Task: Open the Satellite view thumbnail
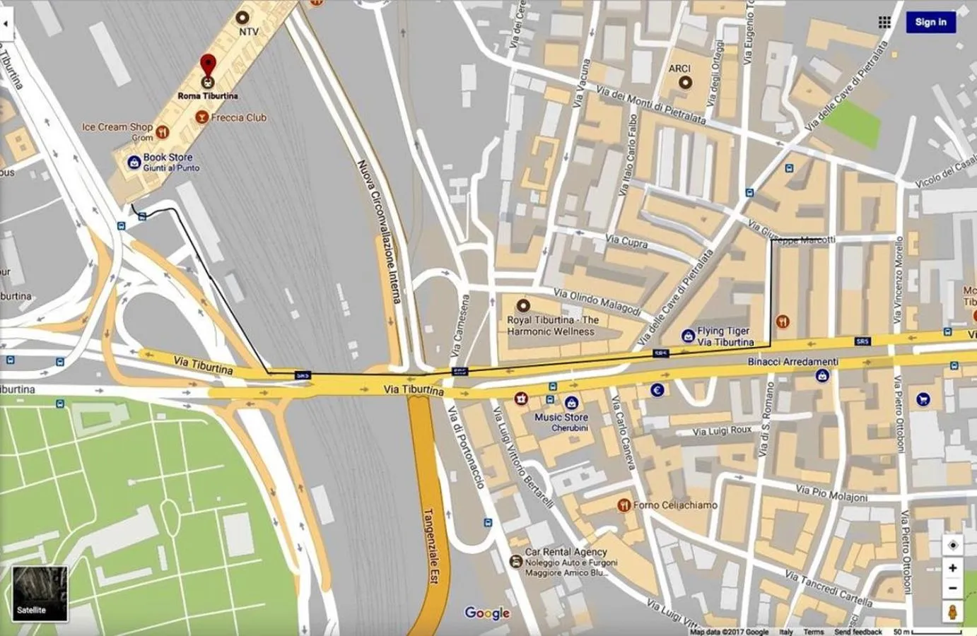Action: coord(40,593)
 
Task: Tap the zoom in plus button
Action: coord(952,568)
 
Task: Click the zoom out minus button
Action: coord(952,588)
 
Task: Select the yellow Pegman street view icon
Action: coord(952,611)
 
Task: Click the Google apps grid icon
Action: coord(884,22)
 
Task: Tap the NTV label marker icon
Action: coord(242,16)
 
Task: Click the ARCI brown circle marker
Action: coord(684,83)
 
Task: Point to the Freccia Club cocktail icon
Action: coord(201,117)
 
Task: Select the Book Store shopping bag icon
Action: coord(134,163)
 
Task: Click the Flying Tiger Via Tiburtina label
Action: coord(725,336)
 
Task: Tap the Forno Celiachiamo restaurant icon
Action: coord(624,505)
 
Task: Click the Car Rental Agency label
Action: coord(566,552)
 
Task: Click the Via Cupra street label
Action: coord(627,241)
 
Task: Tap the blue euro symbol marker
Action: coord(657,389)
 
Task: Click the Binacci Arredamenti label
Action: coord(793,362)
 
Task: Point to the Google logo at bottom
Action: coord(487,613)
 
